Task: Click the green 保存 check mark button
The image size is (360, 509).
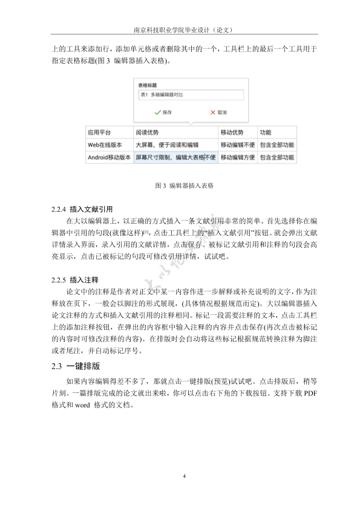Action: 163,112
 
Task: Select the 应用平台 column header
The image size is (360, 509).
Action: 99,132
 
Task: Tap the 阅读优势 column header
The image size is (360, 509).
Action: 147,132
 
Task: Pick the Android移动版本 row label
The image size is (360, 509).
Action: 108,158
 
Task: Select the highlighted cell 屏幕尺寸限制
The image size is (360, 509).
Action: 175,158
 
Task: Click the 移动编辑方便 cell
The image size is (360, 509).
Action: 237,158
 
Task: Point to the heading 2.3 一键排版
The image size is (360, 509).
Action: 76,366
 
